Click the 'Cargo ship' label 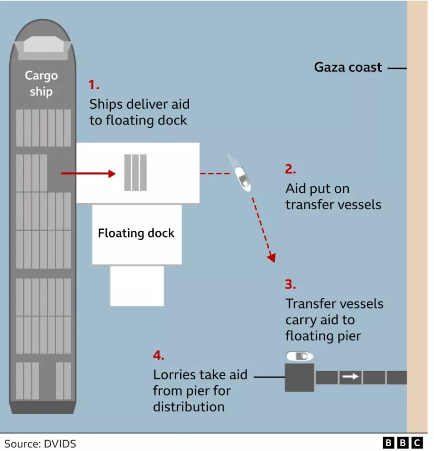[x=41, y=84]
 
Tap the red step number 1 [x=94, y=85]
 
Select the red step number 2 [x=290, y=169]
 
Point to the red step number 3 [x=290, y=284]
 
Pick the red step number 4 [x=158, y=355]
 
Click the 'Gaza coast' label [x=348, y=67]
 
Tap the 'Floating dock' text [x=136, y=233]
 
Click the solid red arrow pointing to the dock [x=88, y=173]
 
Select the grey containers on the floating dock [x=135, y=173]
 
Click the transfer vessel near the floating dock [x=242, y=178]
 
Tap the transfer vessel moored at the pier [x=299, y=356]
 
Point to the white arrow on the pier [x=350, y=377]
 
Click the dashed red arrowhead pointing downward [x=271, y=257]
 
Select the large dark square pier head [x=299, y=378]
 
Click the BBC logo [x=403, y=443]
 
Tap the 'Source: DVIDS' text [x=40, y=443]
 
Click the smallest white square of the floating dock [x=137, y=286]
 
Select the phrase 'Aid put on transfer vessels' [x=333, y=197]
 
